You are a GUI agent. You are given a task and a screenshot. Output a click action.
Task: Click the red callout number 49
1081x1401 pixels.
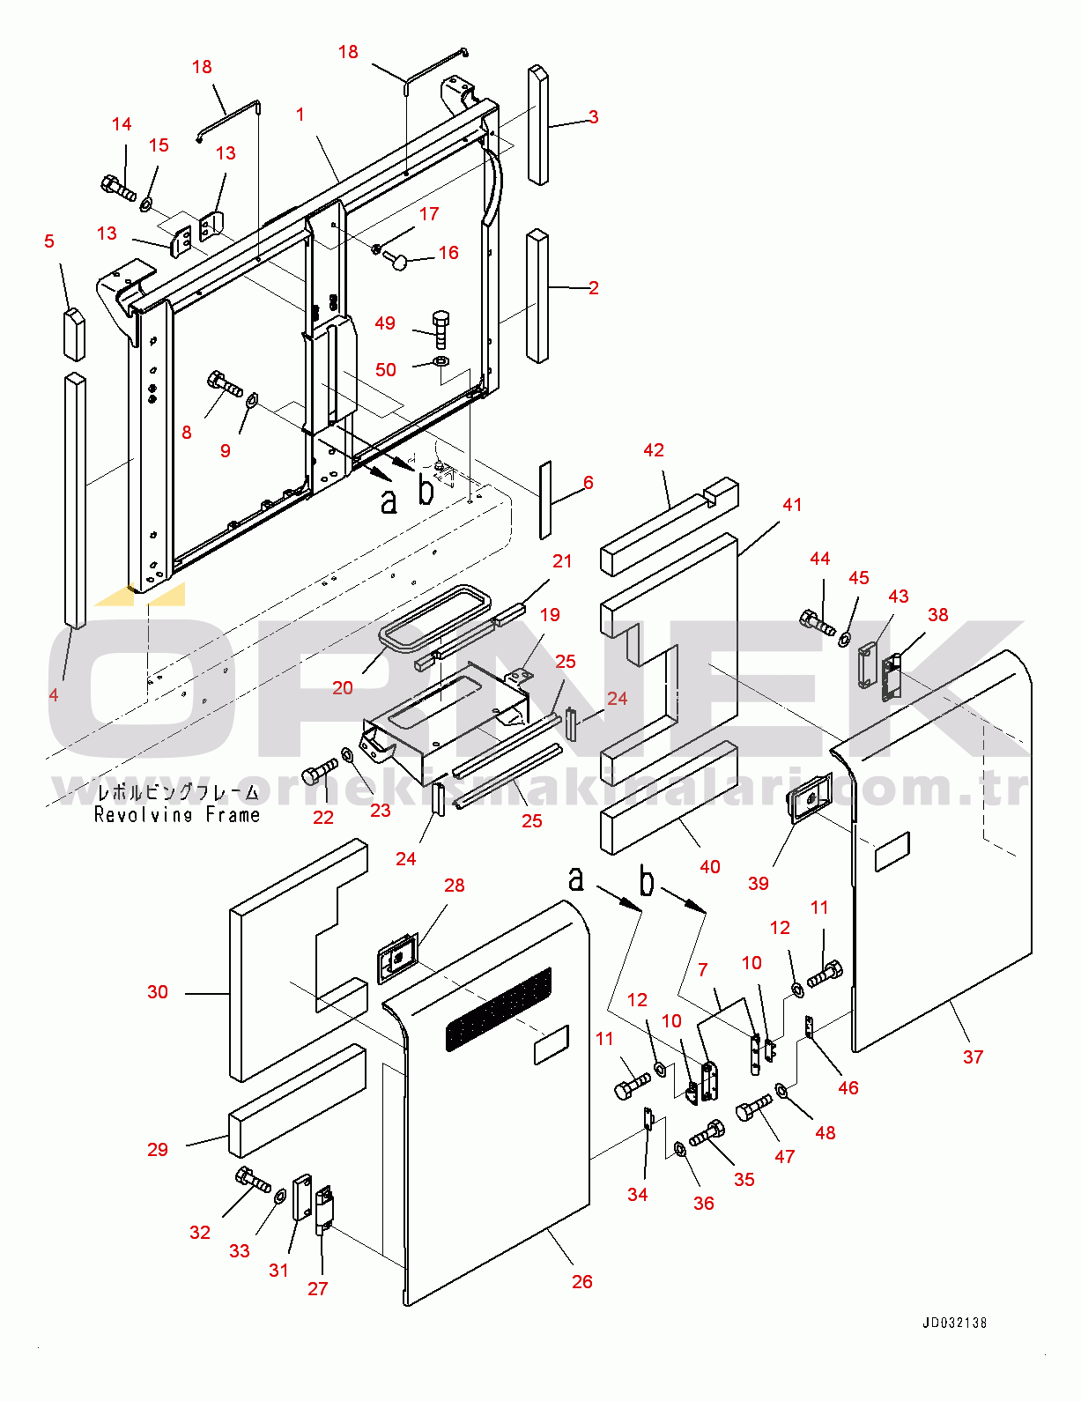pos(385,323)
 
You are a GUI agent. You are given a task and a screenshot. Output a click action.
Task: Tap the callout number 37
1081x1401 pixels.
pos(973,1056)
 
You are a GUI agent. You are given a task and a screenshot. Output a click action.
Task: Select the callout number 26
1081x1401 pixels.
pos(582,1282)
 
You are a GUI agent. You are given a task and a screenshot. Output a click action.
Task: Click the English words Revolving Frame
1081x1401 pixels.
pos(176,815)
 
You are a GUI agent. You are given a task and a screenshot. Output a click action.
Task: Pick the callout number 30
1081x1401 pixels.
pos(158,991)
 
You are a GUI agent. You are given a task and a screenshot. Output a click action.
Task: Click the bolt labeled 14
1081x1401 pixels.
pos(119,187)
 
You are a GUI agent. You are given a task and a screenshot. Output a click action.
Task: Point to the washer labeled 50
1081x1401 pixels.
pos(441,360)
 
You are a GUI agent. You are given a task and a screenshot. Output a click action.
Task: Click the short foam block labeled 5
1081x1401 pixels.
pos(74,334)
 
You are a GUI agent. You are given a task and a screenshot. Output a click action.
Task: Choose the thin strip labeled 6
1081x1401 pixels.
pos(545,500)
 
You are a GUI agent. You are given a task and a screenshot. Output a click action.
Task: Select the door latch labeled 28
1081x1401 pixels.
pos(397,958)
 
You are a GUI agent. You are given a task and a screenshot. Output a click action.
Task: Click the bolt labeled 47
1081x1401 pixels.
pos(753,1108)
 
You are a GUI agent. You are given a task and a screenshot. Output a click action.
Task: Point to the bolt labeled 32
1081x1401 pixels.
pos(254,1179)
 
